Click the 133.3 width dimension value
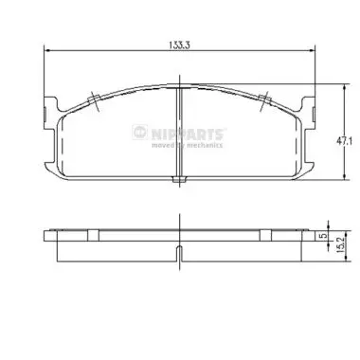(179, 45)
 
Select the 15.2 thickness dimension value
(339, 244)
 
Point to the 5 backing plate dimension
(322, 236)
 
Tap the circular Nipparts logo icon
(139, 132)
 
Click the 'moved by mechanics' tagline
(188, 145)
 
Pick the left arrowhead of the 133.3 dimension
(47, 50)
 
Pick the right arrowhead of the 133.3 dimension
(312, 50)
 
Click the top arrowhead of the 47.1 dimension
(344, 87)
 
